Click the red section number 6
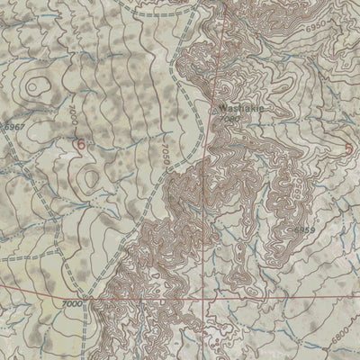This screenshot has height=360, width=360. (x=80, y=142)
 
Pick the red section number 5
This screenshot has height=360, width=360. (x=348, y=148)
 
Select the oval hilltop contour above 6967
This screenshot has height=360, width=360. (x=37, y=86)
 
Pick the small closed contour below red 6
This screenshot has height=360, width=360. (x=89, y=177)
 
